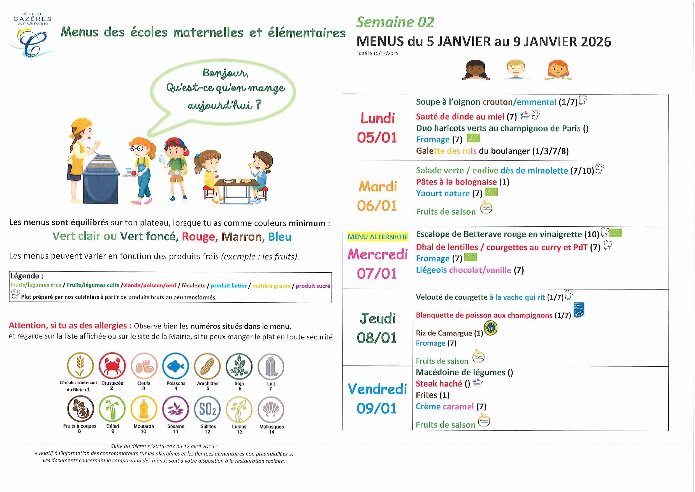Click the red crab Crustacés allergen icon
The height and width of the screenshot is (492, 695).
point(112,366)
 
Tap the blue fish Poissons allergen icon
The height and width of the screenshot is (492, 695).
point(175,366)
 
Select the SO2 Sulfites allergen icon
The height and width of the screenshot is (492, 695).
point(208,409)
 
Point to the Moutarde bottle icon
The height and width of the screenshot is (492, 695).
point(144,409)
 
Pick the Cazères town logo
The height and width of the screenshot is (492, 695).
point(32,36)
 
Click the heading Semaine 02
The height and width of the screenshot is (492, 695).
point(395,22)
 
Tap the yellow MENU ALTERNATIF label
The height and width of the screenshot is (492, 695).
point(378,237)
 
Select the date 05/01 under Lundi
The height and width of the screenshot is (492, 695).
point(377,138)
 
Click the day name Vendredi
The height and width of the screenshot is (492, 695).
point(377,389)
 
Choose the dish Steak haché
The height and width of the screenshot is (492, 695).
point(439,384)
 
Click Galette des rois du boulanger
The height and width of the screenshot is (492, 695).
point(492,151)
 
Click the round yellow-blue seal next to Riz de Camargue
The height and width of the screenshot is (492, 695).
point(491,328)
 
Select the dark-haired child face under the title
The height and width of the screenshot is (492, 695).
point(476,70)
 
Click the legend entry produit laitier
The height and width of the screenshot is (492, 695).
point(229,285)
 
